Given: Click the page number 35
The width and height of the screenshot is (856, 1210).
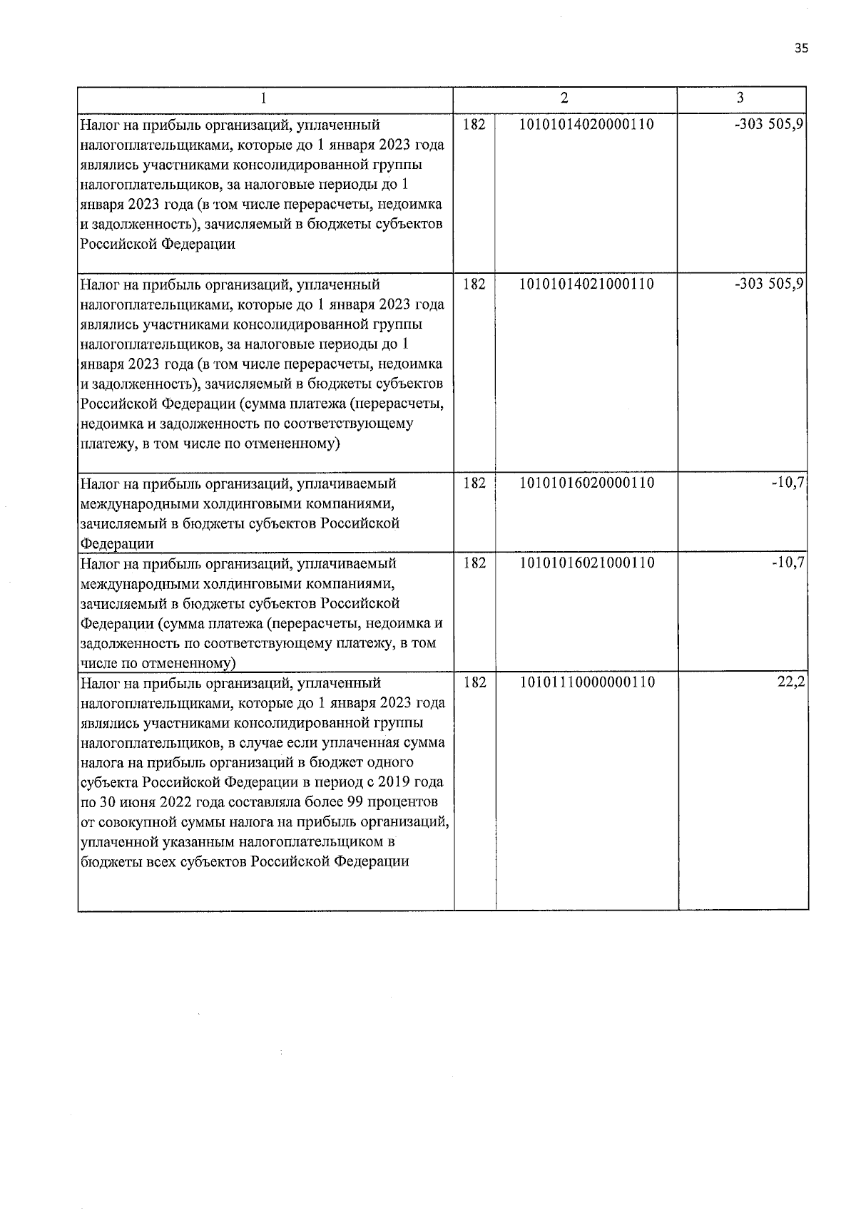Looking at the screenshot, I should [801, 49].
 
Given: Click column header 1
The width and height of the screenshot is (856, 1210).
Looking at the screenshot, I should [265, 98].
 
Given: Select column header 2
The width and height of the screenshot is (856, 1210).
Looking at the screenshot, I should [564, 98].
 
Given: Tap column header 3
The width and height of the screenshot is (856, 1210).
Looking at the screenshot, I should [740, 98].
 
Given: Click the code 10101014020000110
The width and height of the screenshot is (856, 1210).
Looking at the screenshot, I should [587, 124].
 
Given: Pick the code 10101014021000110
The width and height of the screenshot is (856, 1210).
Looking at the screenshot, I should [587, 284].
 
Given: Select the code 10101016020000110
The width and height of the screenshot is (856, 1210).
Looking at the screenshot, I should [587, 483].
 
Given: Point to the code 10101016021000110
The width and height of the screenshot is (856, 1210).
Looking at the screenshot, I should [587, 563].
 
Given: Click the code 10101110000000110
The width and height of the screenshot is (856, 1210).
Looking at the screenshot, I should [587, 682].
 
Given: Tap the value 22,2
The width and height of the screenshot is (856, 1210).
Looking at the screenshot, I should [791, 682].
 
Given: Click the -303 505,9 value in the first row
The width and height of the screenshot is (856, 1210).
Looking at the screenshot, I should [770, 124].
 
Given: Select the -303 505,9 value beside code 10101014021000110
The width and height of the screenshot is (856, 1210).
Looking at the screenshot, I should [770, 284].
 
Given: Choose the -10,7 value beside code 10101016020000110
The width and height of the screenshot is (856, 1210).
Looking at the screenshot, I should [788, 483].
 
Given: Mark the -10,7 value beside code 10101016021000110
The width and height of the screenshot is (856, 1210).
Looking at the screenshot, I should [788, 563].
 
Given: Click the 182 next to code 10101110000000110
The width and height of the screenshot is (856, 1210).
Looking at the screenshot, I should [474, 682].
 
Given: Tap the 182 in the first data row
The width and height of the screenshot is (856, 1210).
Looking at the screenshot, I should [474, 124].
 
